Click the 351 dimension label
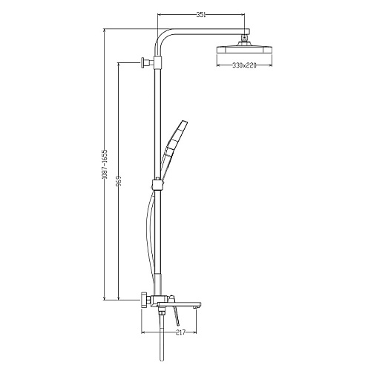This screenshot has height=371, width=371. tap(201, 15)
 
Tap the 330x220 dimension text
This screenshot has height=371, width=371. tap(244, 65)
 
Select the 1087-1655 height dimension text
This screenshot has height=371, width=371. tap(105, 164)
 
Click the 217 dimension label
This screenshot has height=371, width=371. tap(181, 332)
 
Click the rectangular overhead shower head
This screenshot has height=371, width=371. tap(244, 49)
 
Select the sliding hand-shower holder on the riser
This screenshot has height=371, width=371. tap(157, 184)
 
